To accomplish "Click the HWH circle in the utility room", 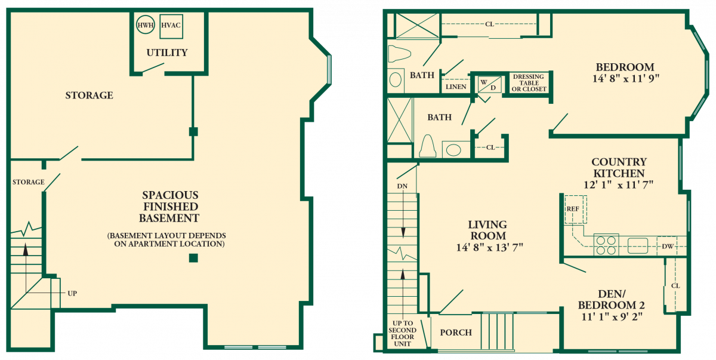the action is [x=137, y=25].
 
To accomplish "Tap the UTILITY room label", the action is [x=167, y=53].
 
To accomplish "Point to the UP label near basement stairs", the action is [x=72, y=293].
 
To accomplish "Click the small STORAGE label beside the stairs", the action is [x=29, y=182].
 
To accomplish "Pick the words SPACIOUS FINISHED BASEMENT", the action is [x=169, y=207].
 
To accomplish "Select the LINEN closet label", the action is [x=456, y=87].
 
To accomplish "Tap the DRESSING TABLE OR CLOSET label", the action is [x=529, y=83].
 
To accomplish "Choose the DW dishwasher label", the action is [x=668, y=246].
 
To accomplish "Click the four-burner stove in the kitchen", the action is [x=606, y=245].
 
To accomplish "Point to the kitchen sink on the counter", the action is [x=638, y=245].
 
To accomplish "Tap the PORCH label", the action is [x=456, y=333].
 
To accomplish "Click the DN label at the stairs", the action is [x=402, y=186].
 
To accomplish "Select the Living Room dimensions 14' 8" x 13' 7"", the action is [x=489, y=247].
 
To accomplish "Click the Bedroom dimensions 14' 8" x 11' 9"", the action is [x=625, y=79].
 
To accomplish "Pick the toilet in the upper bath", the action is [x=399, y=54].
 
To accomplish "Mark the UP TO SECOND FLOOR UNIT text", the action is [x=402, y=334].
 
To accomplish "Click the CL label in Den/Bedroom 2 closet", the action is [x=675, y=286].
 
